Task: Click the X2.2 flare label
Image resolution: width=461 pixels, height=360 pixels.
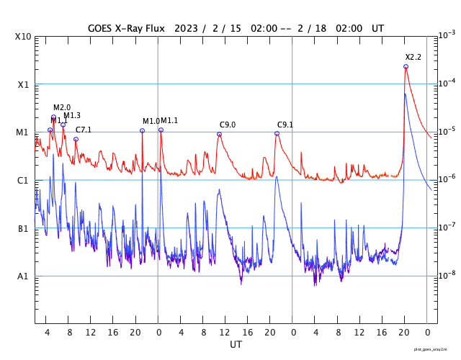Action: pyautogui.click(x=413, y=57)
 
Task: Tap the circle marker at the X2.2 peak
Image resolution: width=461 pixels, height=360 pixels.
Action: pyautogui.click(x=406, y=66)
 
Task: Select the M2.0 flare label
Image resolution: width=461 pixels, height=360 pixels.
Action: pyautogui.click(x=62, y=107)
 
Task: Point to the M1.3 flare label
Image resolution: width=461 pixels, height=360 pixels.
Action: pyautogui.click(x=72, y=116)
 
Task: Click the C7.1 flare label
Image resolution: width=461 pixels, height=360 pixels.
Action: pyautogui.click(x=84, y=130)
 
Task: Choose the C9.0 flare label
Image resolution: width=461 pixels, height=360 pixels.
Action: pyautogui.click(x=228, y=125)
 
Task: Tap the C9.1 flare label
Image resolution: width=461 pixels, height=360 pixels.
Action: pyautogui.click(x=285, y=125)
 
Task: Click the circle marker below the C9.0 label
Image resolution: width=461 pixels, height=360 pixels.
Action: pyautogui.click(x=219, y=134)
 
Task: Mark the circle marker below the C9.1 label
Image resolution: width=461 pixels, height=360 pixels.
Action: pyautogui.click(x=277, y=134)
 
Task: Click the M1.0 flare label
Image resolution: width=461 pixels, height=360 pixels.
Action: pyautogui.click(x=151, y=121)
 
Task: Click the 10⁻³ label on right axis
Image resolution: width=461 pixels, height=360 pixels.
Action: pyautogui.click(x=447, y=35)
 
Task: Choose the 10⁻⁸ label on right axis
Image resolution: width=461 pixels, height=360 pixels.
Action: pyautogui.click(x=447, y=275)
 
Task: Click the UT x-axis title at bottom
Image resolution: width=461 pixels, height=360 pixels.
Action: pyautogui.click(x=236, y=345)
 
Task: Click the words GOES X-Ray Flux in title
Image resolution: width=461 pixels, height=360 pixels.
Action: pyautogui.click(x=127, y=28)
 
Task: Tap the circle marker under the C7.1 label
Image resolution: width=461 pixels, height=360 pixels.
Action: pyautogui.click(x=76, y=139)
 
